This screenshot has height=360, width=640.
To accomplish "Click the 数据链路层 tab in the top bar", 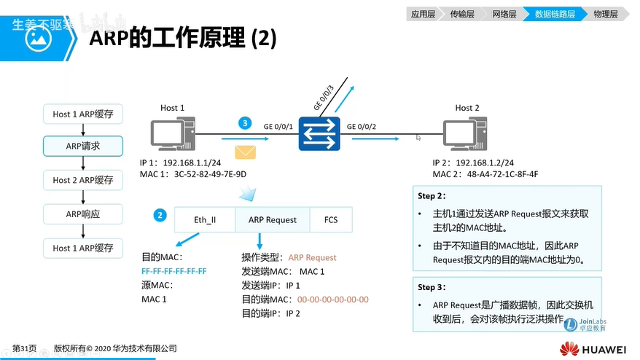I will click(554, 13).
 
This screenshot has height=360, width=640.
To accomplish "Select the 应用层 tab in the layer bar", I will click(423, 13).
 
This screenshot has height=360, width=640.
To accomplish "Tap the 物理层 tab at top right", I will click(605, 13).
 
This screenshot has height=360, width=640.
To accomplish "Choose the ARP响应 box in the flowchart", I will click(83, 214).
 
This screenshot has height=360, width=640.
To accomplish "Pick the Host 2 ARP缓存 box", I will click(83, 180).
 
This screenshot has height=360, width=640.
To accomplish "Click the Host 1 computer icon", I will click(172, 136).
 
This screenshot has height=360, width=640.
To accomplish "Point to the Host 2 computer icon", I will click(467, 136).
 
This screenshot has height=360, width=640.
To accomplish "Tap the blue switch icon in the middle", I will click(319, 135).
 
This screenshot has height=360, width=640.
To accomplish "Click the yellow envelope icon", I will click(245, 152).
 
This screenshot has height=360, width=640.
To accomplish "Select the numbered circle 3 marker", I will click(246, 123).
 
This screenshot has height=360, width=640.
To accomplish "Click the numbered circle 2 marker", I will click(160, 215).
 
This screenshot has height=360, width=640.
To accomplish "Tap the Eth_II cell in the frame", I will click(205, 219).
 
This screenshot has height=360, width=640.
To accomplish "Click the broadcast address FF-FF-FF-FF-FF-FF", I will click(174, 271).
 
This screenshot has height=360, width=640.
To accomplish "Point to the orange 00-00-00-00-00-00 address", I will click(333, 300).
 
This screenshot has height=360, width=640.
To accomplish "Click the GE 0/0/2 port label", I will click(362, 126).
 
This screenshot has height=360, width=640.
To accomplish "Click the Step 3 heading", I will click(431, 286).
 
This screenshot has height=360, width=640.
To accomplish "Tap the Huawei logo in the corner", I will click(593, 348).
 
